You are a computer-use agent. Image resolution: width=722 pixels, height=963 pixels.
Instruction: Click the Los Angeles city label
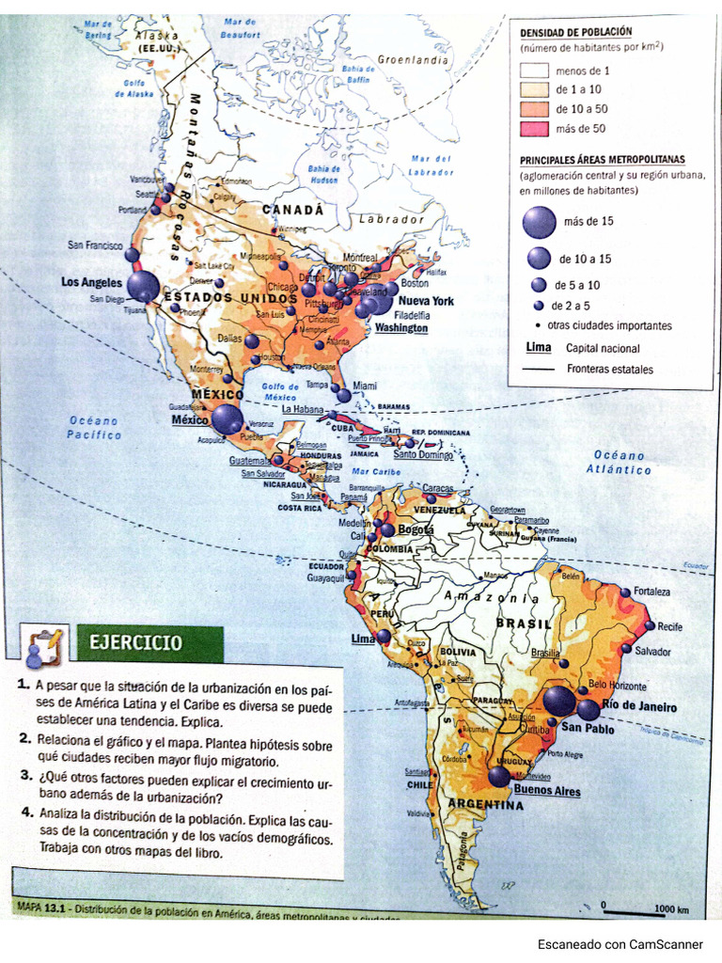(x=91, y=282)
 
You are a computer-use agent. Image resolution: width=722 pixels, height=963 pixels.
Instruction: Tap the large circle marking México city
(x=227, y=419)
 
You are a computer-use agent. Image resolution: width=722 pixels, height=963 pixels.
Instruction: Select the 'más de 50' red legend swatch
(x=535, y=129)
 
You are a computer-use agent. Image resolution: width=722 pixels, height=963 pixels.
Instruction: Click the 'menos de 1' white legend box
(x=535, y=70)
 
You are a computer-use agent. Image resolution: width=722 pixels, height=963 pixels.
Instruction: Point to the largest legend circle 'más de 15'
(x=539, y=222)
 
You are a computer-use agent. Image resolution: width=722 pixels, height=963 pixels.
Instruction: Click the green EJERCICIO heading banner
(x=149, y=645)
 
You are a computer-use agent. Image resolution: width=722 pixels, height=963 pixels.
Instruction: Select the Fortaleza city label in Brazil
(x=651, y=592)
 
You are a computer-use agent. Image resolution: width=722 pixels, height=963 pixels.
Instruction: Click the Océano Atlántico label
(x=620, y=462)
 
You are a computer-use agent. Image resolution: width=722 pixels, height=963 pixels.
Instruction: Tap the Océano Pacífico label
(x=94, y=428)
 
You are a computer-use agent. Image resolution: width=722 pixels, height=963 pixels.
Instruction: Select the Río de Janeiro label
(x=639, y=706)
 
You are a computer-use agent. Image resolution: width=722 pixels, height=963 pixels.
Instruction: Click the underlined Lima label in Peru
(x=362, y=639)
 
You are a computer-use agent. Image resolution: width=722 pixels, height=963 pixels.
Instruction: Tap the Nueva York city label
(x=427, y=301)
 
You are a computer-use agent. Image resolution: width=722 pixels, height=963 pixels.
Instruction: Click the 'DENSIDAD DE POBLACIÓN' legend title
(x=575, y=31)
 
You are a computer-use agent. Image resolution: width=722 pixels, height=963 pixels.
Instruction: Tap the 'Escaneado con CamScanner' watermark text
(x=620, y=944)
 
